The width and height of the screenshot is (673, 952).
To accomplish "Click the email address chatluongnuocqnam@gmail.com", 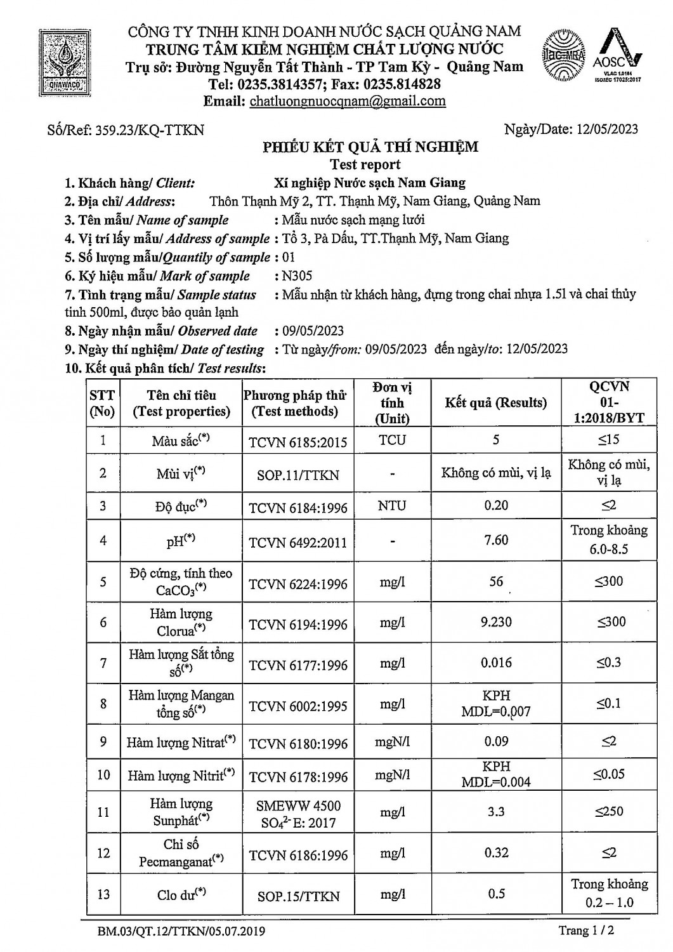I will pos(348,101).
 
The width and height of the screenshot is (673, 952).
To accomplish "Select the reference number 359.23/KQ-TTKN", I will pos(150,130).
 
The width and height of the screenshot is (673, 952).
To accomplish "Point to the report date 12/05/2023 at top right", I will pos(608,129).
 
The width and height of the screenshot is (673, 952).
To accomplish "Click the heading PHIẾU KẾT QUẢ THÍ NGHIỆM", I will pos(370,148).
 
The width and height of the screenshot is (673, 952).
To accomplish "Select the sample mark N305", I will pos(298,276).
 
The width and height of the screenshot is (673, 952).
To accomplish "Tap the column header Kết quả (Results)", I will pos(495,402).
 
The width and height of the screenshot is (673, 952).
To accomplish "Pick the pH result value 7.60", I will pos(496,540).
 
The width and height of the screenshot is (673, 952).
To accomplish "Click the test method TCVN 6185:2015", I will pos(297,442).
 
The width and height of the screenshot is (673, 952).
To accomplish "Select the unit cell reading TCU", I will pos(392,440).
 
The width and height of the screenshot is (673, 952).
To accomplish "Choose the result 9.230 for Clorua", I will pos(496,622).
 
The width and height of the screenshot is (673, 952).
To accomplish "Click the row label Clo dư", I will pos(181,894).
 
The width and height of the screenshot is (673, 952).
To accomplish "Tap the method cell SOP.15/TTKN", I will pos(298,896).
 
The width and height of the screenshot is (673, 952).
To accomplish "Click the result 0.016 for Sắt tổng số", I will pos(496,663).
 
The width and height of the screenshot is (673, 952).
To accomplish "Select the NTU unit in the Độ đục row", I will pos(392,506).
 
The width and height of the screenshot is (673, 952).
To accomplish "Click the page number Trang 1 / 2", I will pos(587,931).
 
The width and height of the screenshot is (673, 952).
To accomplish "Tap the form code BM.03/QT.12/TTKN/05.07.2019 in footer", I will pos(181,932).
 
